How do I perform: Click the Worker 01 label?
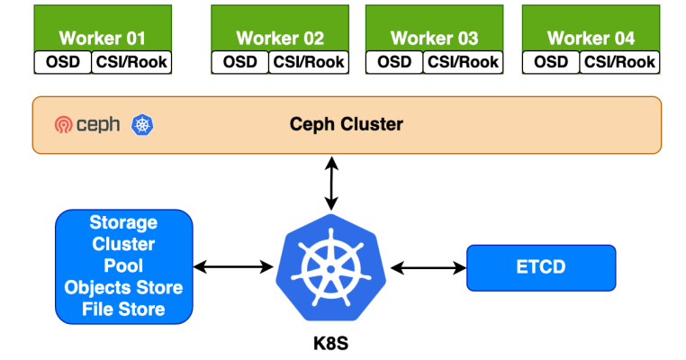pos(102,38)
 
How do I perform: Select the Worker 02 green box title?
pos(280,38)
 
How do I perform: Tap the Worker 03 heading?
pos(435,38)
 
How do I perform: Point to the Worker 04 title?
pos(591,38)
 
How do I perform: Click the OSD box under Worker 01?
pos(62,62)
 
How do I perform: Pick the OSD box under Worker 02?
pos(239,62)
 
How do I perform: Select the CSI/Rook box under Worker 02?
pos(309,62)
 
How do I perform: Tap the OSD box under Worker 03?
pos(394,62)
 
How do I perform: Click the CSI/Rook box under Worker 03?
pos(464,62)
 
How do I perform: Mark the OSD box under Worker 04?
pos(551,62)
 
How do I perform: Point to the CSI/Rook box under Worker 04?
pos(619,62)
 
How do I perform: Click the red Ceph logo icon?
pos(63,125)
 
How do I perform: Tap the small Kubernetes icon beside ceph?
pos(142,125)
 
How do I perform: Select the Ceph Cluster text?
pos(346,124)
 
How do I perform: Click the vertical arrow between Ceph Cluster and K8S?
pos(332,184)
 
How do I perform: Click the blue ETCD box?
pos(540,267)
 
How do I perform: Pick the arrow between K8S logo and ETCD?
pos(427,267)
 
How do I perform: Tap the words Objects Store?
pos(123,288)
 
